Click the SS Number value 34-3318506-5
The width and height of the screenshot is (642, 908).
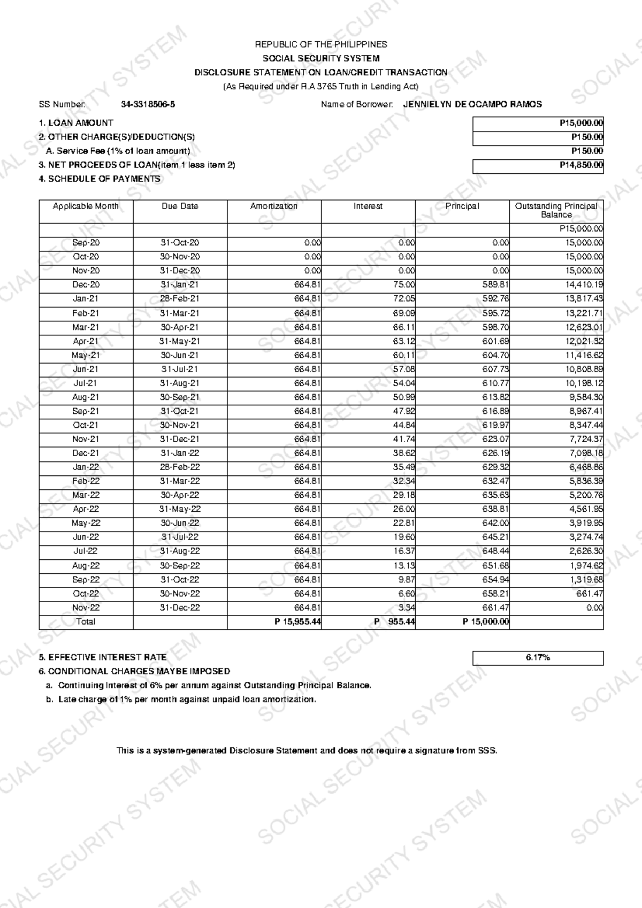coord(148,105)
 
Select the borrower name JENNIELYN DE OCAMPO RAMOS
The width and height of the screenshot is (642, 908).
coord(472,105)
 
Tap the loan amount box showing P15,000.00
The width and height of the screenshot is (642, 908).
coord(538,123)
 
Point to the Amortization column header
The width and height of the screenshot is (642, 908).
coord(274,206)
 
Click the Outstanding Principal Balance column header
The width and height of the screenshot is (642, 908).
coord(556,210)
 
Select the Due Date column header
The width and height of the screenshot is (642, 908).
coord(180,206)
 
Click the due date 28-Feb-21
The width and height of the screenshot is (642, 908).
coord(180,299)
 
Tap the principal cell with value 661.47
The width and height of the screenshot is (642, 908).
coord(496,608)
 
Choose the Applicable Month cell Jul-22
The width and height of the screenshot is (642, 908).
coord(86,551)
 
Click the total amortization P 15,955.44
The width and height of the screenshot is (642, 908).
coord(297,622)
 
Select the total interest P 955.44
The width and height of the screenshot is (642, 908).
coord(394,622)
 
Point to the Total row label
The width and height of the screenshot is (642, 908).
coord(86,622)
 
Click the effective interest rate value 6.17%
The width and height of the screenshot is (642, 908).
coord(538,658)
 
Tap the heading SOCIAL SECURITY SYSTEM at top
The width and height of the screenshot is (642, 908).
coord(321,58)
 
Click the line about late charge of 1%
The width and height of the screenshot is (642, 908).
coord(187,699)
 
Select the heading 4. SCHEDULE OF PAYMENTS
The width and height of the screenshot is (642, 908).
coord(100,179)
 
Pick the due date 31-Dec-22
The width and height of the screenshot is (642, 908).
coord(180,608)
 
